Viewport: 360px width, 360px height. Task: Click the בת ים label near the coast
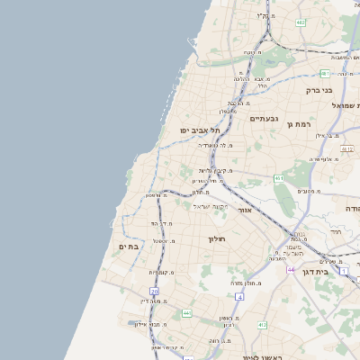[x=128, y=246]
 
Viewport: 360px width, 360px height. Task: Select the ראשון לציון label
[x=262, y=356]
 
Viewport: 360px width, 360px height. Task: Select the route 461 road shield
[x=279, y=178]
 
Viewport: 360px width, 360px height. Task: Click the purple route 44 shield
[x=291, y=269]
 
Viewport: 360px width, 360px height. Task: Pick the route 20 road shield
[x=154, y=292]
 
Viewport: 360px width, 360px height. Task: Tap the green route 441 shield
[x=187, y=312]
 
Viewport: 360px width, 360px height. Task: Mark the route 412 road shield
[x=263, y=324]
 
